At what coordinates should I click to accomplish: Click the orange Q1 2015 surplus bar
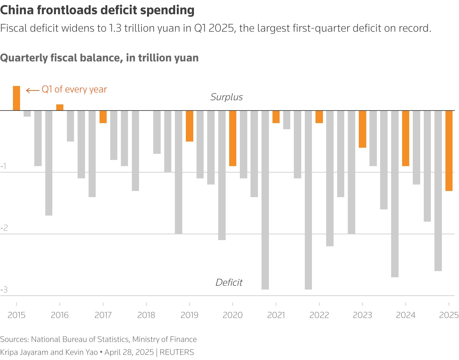pos(16,98)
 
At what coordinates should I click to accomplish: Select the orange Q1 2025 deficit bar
pos(449,151)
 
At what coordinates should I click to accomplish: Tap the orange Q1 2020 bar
pos(233,138)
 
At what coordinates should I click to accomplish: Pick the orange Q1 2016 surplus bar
pos(60,107)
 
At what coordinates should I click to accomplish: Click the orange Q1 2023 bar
pos(362,129)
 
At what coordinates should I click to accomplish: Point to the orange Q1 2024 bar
pos(406,138)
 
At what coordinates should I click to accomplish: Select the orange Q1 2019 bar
pos(189,126)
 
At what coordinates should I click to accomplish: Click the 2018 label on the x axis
pos(146,315)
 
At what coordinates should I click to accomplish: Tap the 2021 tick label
pos(276,315)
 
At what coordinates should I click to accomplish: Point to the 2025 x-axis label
pos(449,315)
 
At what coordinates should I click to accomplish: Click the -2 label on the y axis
pos(4,228)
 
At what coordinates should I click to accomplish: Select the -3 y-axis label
pos(4,290)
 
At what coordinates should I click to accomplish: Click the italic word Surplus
pos(226,97)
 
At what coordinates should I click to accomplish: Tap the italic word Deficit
pos(229,282)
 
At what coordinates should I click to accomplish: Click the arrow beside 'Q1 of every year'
pos(33,90)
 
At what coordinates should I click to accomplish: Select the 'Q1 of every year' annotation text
pos(74,90)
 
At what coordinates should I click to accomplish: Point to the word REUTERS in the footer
pos(177,352)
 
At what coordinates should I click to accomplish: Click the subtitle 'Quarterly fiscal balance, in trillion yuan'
pos(99,58)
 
